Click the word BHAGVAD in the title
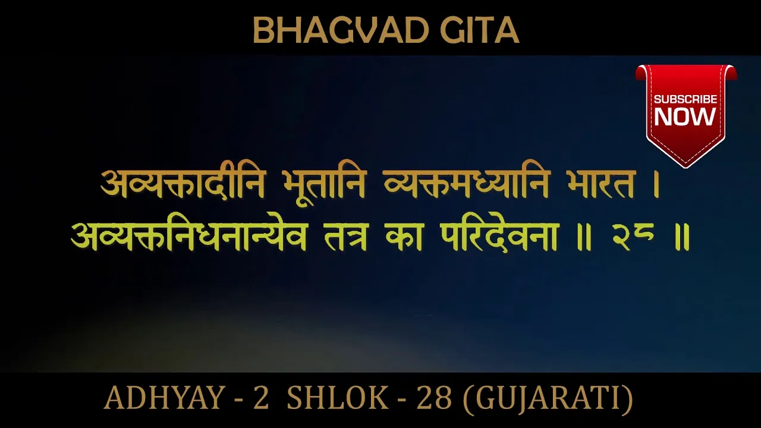pyautogui.click(x=335, y=30)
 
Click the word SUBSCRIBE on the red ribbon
pyautogui.click(x=685, y=100)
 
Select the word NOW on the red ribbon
pyautogui.click(x=685, y=117)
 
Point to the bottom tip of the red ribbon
pyautogui.click(x=685, y=166)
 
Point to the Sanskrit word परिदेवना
pyautogui.click(x=499, y=235)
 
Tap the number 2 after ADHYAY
pyautogui.click(x=261, y=398)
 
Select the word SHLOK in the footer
pyautogui.click(x=337, y=398)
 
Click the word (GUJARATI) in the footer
pyautogui.click(x=548, y=398)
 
